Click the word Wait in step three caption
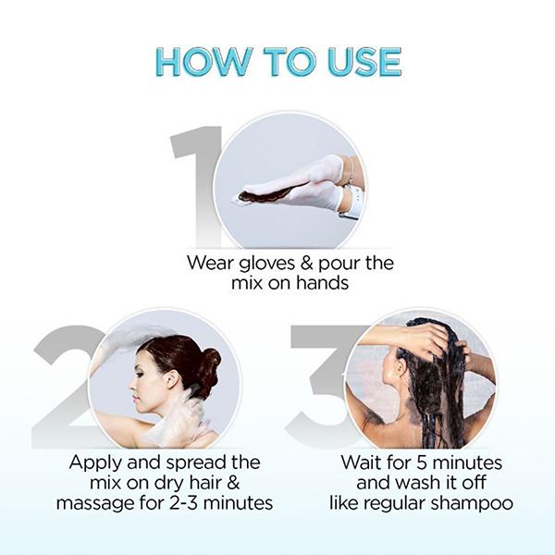[362, 462]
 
